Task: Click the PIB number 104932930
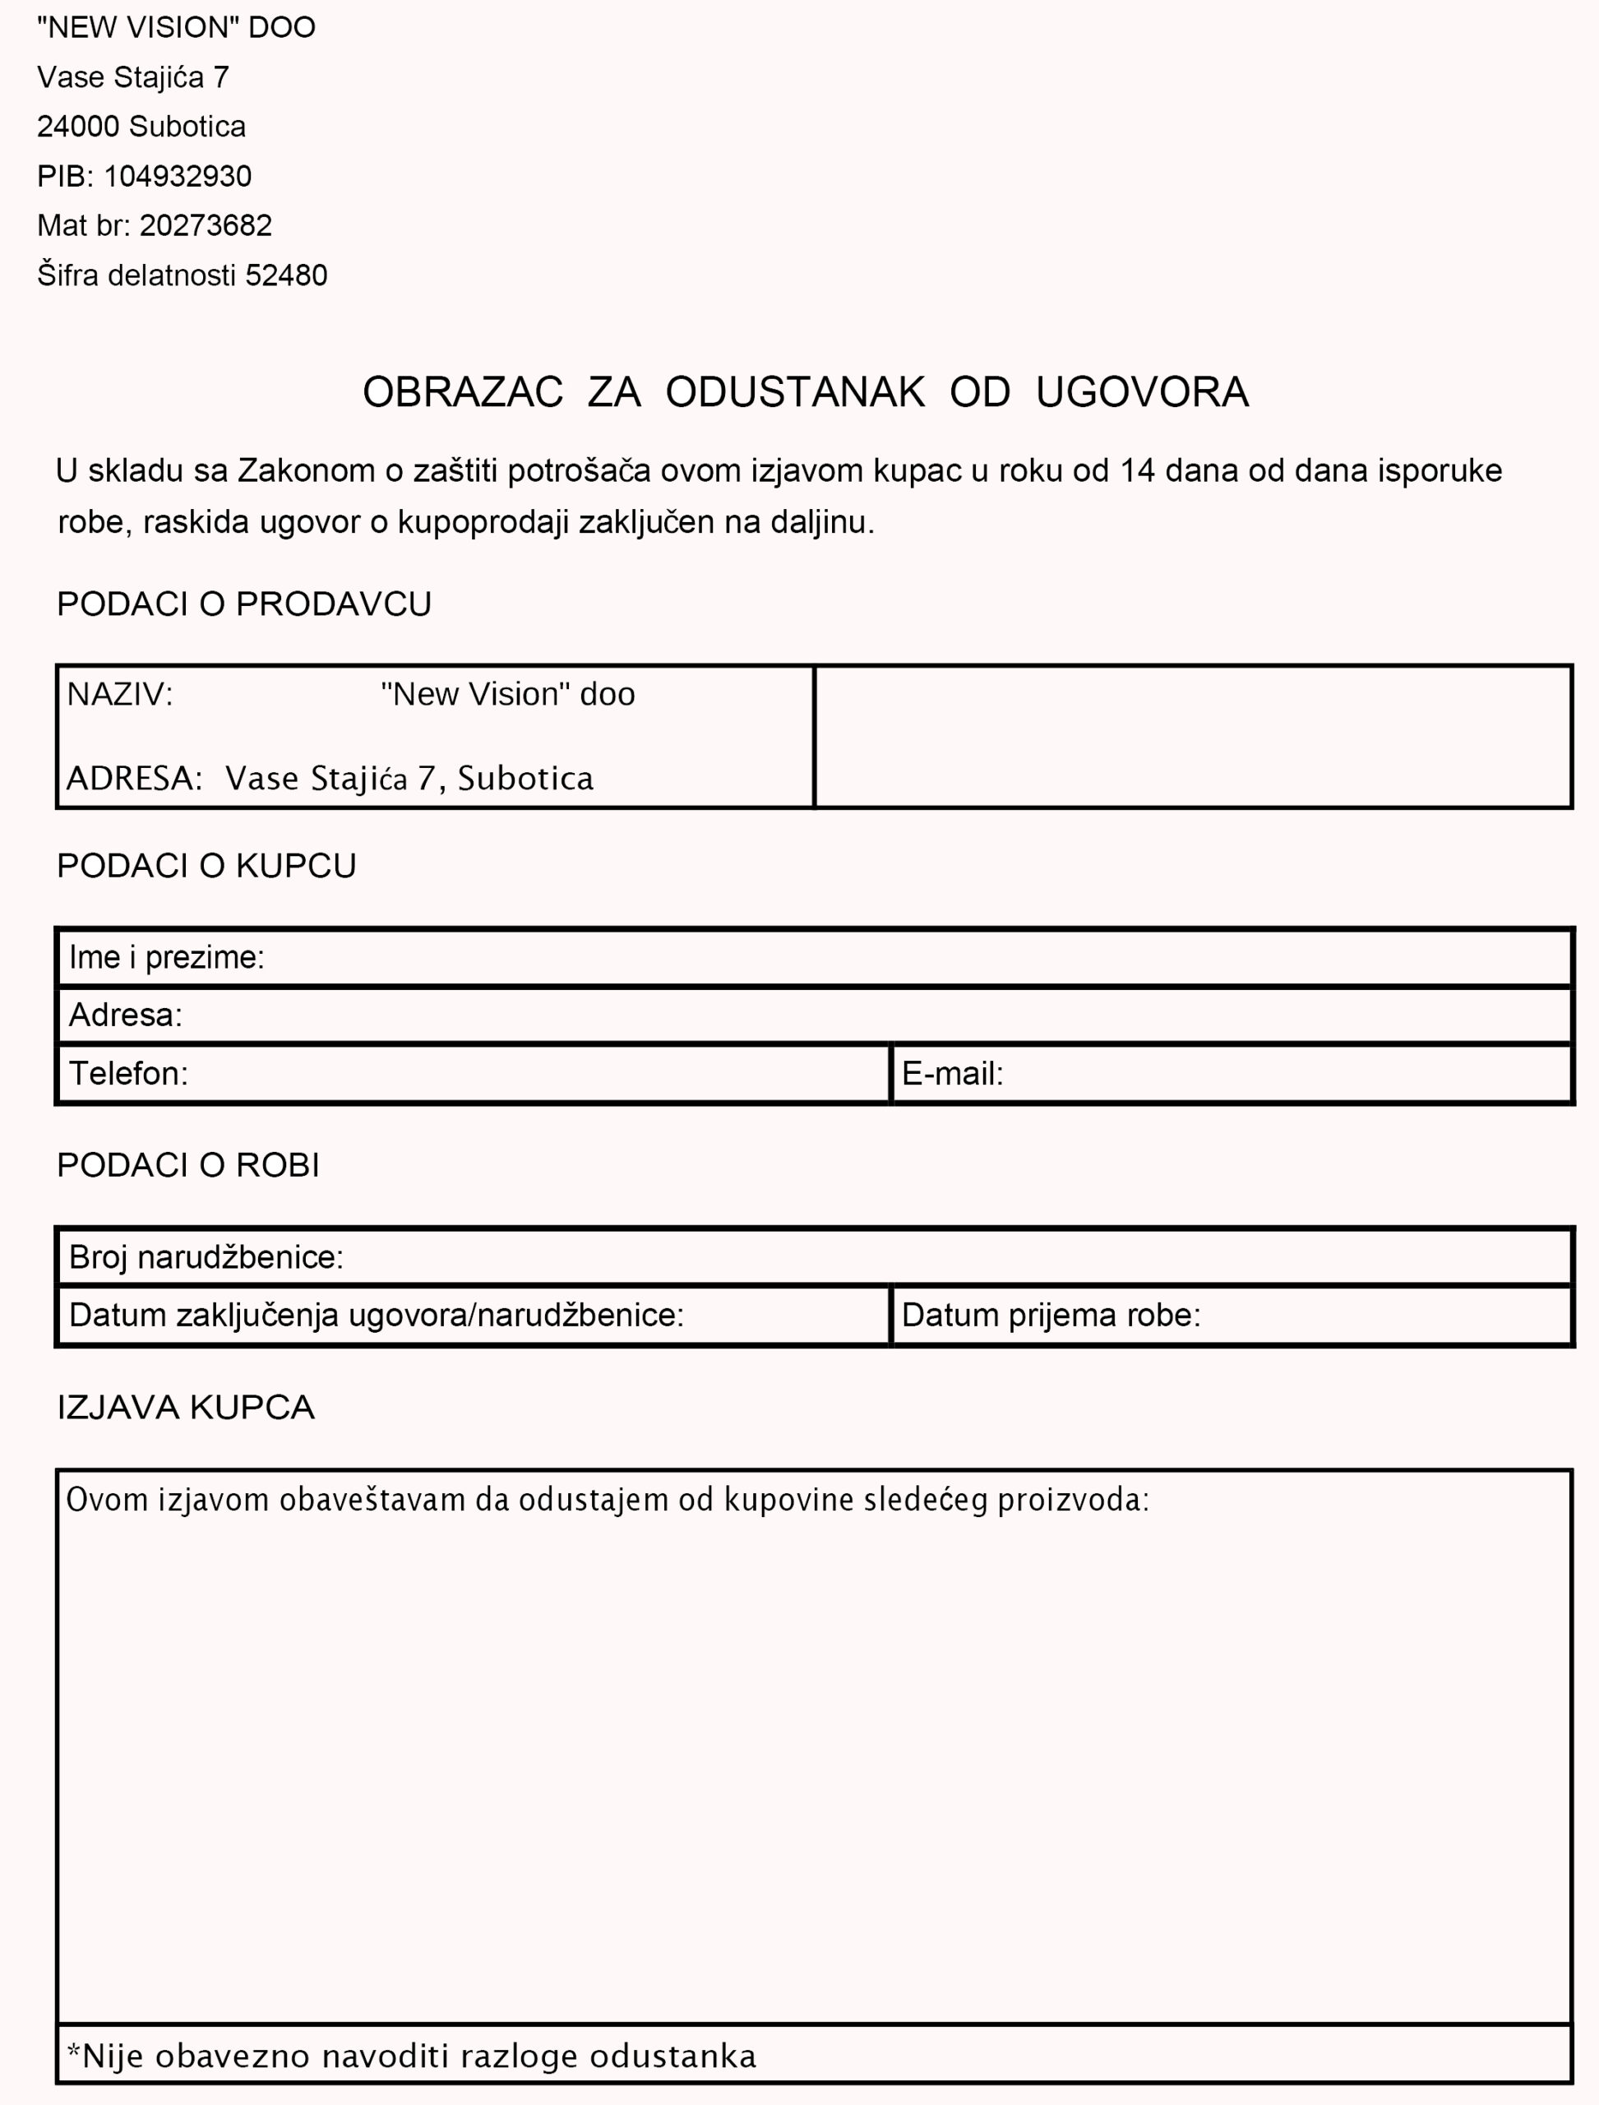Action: [x=177, y=176]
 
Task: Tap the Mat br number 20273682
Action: [x=206, y=225]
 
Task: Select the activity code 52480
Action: [x=286, y=275]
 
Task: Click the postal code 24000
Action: [x=78, y=127]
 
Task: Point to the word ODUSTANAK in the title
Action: [x=795, y=392]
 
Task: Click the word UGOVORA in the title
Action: [x=1142, y=392]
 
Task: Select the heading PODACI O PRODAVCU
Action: [x=243, y=604]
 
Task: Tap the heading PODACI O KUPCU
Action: [x=206, y=865]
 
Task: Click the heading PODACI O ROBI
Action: [x=188, y=1165]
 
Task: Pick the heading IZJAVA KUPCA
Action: [x=186, y=1407]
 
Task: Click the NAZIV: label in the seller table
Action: [x=120, y=694]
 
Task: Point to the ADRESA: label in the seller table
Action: [x=134, y=779]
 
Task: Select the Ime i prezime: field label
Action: [x=167, y=957]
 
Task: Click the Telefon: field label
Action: [x=128, y=1074]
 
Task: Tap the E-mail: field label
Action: [x=953, y=1074]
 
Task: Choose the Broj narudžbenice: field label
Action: [x=206, y=1258]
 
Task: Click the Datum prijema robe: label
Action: [x=1051, y=1316]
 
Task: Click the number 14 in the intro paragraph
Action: [x=1137, y=470]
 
